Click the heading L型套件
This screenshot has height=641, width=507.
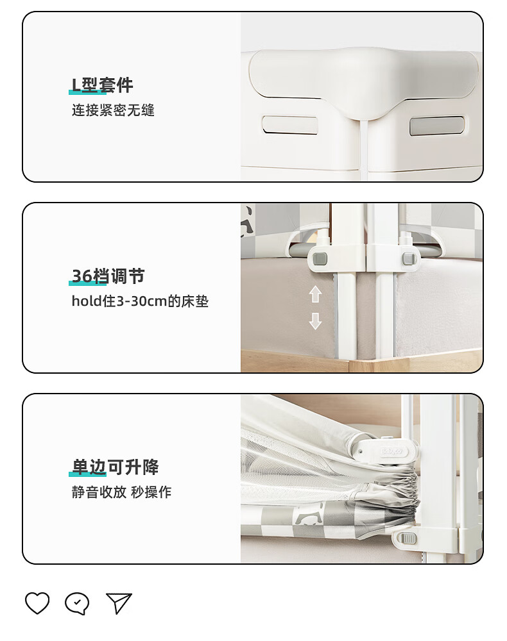[x=102, y=85]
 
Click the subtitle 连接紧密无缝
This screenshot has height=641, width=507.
[x=114, y=110]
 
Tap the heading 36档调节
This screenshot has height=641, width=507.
[x=108, y=276]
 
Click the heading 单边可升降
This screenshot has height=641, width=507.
[x=116, y=467]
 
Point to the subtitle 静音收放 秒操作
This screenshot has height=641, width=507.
[x=121, y=492]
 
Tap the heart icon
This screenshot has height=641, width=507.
[x=37, y=603]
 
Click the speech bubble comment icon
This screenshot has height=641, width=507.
[x=77, y=603]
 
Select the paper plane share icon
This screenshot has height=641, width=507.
[x=119, y=603]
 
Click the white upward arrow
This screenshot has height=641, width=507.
[x=315, y=294]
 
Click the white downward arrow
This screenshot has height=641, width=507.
[x=315, y=321]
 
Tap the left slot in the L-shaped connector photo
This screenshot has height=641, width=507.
[x=289, y=125]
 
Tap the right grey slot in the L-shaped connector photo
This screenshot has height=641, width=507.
[x=437, y=126]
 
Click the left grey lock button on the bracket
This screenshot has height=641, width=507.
[x=320, y=259]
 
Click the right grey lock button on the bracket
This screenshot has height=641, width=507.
[x=409, y=258]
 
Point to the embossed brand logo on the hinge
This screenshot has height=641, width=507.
[x=391, y=451]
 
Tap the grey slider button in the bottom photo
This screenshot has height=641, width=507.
[x=408, y=538]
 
